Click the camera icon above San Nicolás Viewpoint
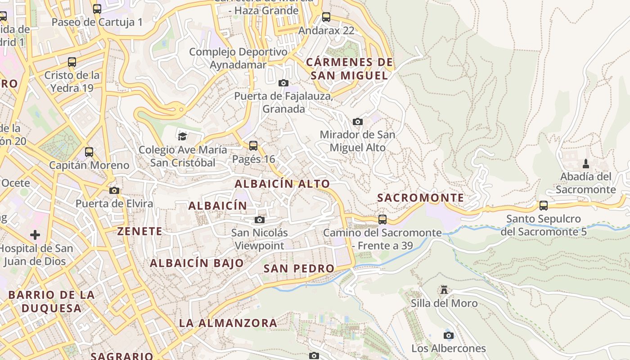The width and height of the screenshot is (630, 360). [x=260, y=220]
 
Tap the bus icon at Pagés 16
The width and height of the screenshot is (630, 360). [x=253, y=145]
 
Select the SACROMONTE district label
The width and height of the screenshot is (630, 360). [x=420, y=198]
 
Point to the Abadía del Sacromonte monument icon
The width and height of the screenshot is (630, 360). [x=586, y=163]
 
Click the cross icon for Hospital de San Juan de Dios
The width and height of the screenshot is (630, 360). [x=35, y=234]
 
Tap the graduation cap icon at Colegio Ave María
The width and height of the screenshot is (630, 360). [x=182, y=136]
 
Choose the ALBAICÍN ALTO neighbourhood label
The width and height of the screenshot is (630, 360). [x=282, y=184]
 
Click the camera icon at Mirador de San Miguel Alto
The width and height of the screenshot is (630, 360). [x=358, y=121]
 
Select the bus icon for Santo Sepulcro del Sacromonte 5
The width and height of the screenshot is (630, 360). [x=544, y=206]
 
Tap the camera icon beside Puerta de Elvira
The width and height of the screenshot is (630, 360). [x=114, y=190]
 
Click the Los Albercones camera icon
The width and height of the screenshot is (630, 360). [x=449, y=335]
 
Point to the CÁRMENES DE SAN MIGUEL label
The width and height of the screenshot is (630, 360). [x=349, y=69]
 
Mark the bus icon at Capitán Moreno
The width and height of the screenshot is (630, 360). [x=89, y=152]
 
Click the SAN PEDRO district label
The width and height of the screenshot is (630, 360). [x=299, y=269]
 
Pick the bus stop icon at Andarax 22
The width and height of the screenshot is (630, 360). [x=326, y=17]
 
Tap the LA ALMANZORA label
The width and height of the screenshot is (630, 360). [x=228, y=323]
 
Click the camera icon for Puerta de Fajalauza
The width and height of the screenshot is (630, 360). [x=283, y=83]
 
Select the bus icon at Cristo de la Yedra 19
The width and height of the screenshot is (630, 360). [x=72, y=62]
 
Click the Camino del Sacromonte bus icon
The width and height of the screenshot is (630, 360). [x=382, y=219]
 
